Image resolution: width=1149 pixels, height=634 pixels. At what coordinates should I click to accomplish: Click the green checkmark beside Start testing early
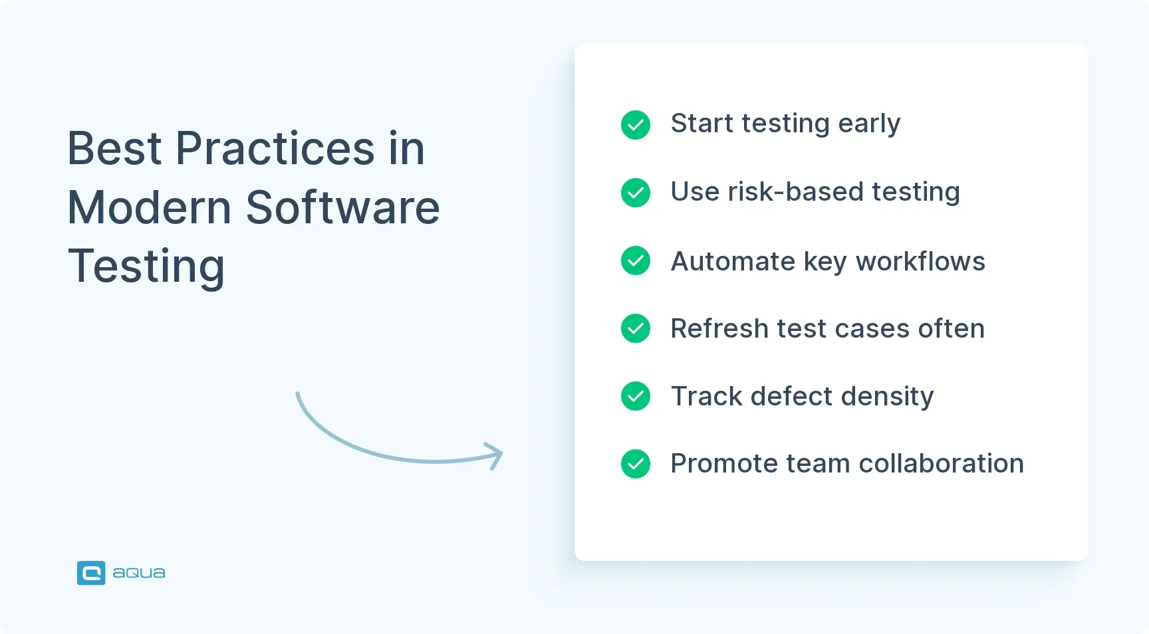point(636,125)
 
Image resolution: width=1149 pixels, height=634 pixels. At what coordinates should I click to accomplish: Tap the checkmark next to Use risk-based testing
point(636,193)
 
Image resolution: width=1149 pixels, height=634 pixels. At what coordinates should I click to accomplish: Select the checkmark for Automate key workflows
point(636,261)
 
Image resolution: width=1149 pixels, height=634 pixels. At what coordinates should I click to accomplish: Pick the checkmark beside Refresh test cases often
point(636,328)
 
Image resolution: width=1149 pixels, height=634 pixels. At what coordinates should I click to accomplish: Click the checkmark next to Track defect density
point(636,396)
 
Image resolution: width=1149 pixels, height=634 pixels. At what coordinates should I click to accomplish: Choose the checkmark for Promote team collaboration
point(636,464)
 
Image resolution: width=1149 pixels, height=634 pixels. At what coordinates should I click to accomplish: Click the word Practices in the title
point(275,148)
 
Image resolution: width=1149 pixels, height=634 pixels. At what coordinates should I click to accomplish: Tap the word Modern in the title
point(150,207)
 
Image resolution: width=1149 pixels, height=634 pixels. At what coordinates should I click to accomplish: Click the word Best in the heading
point(114,148)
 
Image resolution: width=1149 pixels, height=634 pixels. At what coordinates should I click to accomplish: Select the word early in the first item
point(868,124)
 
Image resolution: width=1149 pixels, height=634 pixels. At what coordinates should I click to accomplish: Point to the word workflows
point(920,261)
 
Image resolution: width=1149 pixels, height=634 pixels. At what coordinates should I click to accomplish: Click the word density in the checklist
point(887,397)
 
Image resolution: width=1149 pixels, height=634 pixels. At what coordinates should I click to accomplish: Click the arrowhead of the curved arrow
point(496,455)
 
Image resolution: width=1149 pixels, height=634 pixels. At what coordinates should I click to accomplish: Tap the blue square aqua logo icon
point(91,573)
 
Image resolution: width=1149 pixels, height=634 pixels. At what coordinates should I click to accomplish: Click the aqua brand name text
point(139,573)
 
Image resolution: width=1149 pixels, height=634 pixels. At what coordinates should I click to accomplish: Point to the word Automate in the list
point(733,261)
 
